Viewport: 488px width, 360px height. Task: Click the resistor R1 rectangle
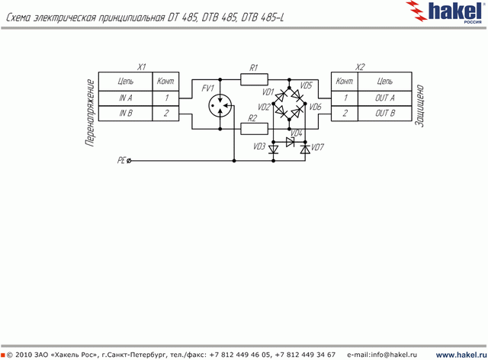pos(254,79)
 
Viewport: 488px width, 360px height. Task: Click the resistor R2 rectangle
pos(254,129)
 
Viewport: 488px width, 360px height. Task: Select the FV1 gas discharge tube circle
pos(220,106)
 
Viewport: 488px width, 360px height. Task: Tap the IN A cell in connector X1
pos(125,98)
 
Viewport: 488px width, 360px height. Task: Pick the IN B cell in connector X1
pos(125,113)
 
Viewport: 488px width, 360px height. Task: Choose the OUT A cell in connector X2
pos(385,98)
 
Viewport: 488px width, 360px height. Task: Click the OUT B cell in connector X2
pos(385,113)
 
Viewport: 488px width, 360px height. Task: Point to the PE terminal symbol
pos(129,161)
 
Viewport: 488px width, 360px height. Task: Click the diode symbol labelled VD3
pos(274,149)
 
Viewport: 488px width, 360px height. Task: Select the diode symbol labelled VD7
pos(305,149)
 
